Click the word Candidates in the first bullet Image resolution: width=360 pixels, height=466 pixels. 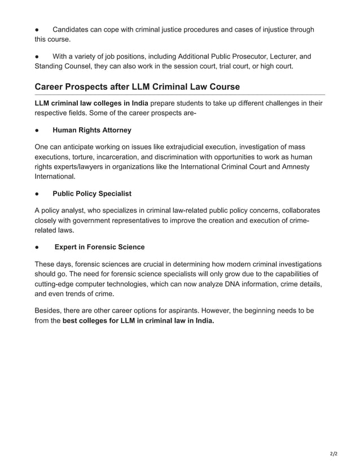(x=72, y=29)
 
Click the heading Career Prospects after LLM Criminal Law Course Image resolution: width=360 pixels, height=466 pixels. (x=137, y=87)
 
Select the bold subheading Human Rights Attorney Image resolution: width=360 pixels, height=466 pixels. (x=91, y=130)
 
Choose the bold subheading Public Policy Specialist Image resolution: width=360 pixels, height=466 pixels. (x=91, y=194)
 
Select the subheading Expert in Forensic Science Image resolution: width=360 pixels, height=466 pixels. (x=99, y=247)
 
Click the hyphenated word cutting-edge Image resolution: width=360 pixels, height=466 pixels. (x=58, y=284)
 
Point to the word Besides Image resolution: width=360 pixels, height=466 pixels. (x=49, y=311)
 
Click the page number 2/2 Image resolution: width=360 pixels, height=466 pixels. (x=333, y=453)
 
